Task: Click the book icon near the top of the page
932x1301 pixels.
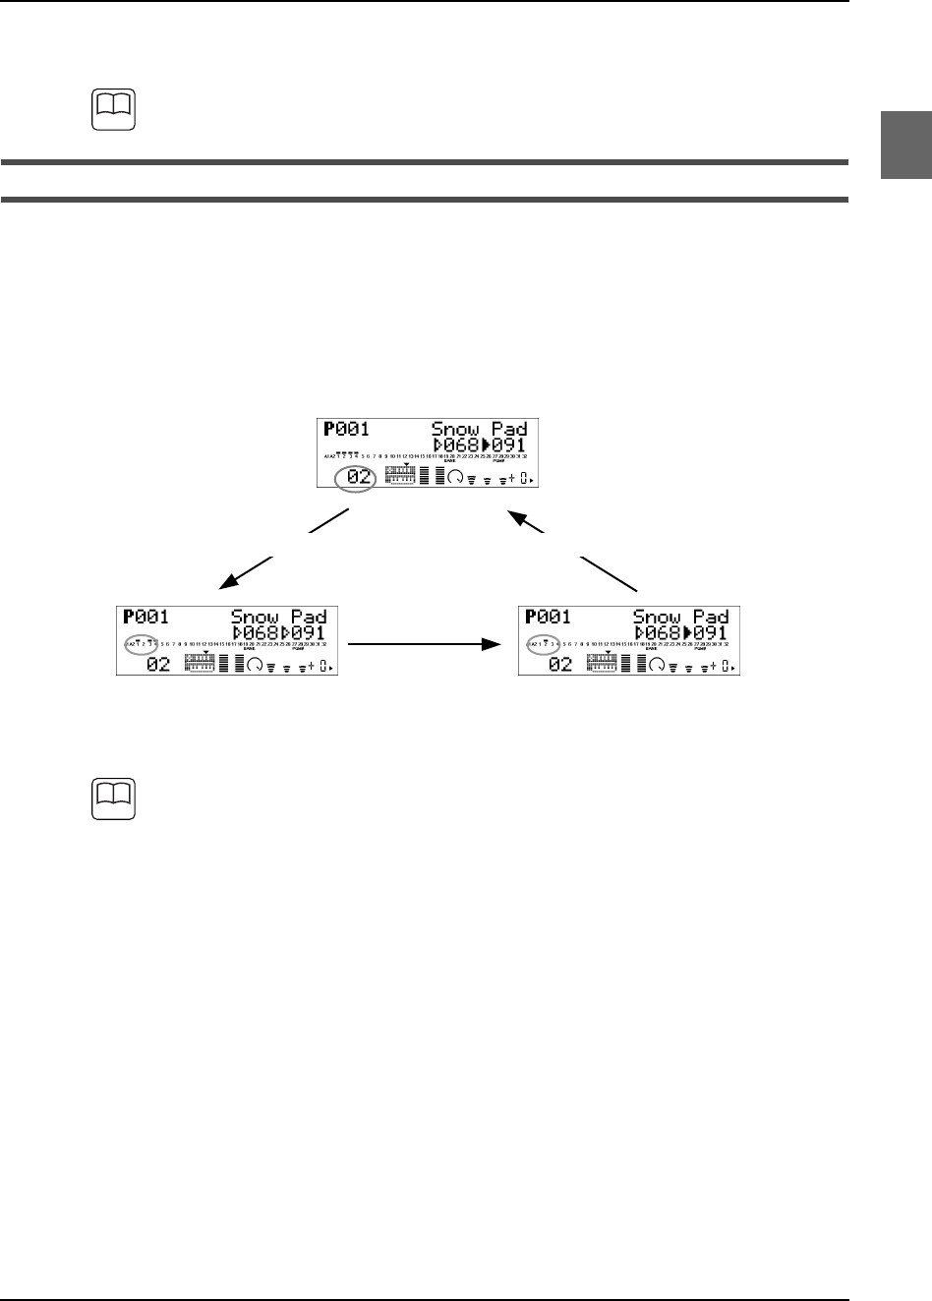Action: click(108, 111)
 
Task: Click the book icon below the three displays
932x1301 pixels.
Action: click(108, 800)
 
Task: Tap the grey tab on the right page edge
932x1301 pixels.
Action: click(904, 146)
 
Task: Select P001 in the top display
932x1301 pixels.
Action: click(345, 429)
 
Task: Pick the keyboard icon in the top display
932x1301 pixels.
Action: click(401, 476)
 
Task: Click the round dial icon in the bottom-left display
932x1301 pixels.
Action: click(257, 665)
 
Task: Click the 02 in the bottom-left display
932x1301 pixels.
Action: click(158, 665)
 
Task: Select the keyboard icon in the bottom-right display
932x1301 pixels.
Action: click(607, 663)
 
